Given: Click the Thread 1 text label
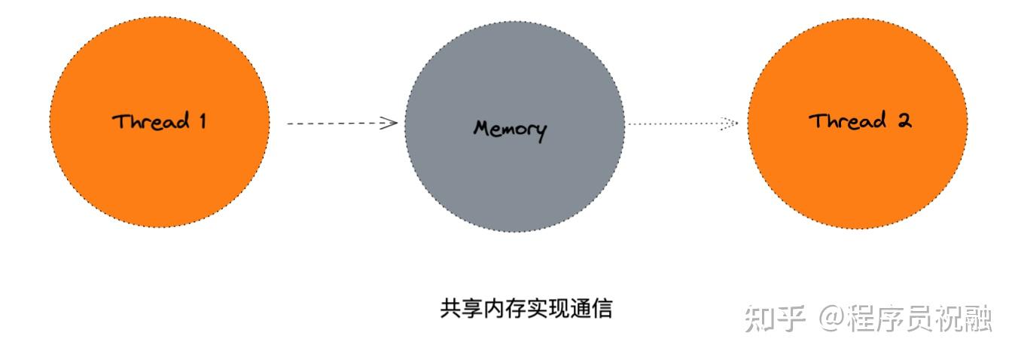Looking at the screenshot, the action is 159,121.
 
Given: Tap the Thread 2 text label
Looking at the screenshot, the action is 860,121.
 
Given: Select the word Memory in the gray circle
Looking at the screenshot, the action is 510,129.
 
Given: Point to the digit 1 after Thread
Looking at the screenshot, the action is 202,121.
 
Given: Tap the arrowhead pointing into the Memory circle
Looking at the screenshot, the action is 390,123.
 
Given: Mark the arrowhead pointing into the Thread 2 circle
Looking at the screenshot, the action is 729,124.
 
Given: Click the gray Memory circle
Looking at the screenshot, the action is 514,173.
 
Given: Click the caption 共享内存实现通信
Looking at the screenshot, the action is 526,309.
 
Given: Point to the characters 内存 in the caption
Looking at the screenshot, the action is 504,309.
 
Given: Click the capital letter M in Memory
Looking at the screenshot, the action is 483,128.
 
